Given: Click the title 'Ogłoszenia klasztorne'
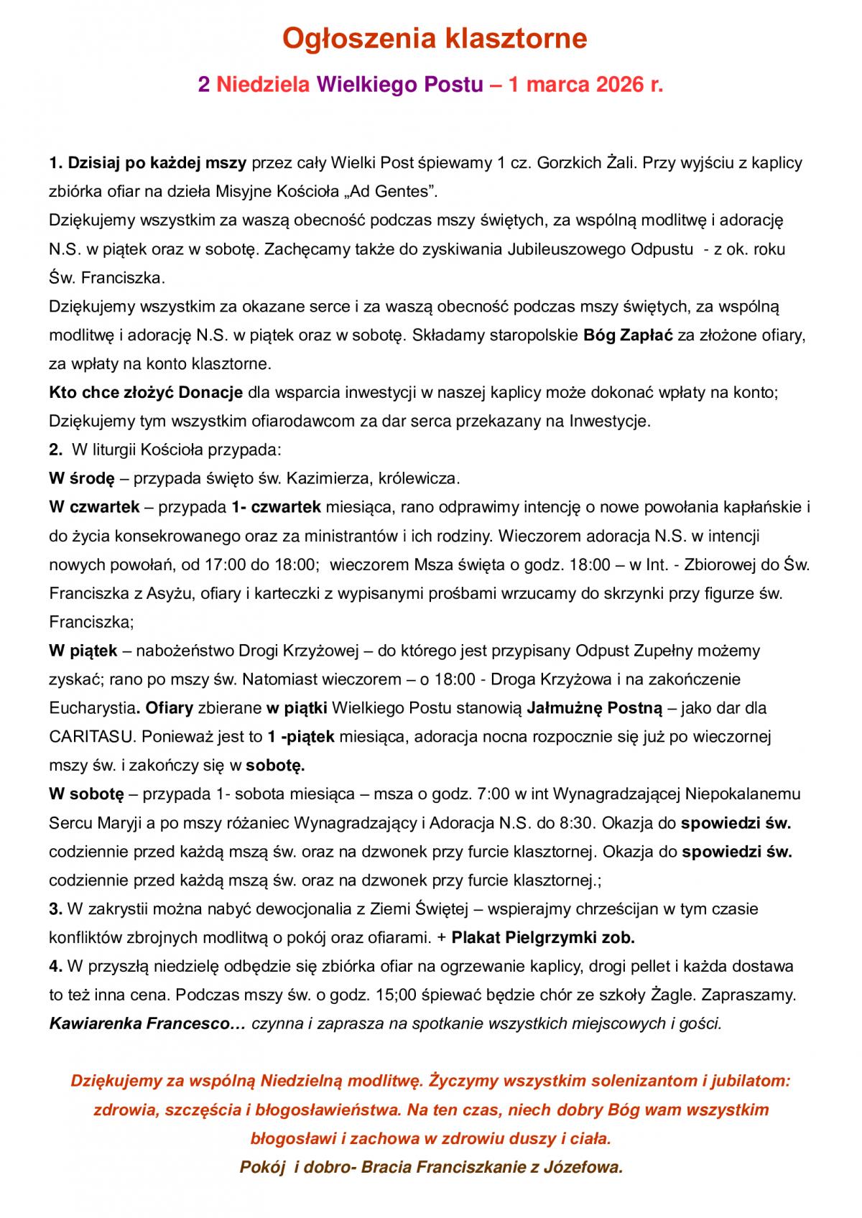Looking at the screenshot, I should click(x=434, y=38).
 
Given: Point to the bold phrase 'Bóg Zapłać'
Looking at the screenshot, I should click(x=628, y=335).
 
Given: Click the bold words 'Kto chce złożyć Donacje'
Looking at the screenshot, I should click(x=146, y=393).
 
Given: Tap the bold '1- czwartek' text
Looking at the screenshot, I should click(x=277, y=507).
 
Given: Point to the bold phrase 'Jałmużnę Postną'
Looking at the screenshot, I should click(x=594, y=708).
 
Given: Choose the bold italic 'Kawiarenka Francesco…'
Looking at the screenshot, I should click(x=147, y=1024).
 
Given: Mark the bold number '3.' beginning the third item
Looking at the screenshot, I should click(x=55, y=909).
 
